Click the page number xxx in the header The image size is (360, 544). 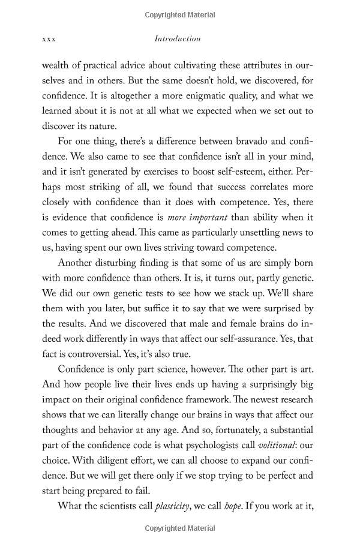(x=49, y=39)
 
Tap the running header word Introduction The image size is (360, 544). (x=178, y=39)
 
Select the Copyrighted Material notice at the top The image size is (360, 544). (x=180, y=12)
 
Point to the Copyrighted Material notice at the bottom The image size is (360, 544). (x=180, y=528)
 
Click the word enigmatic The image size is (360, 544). (x=203, y=96)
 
